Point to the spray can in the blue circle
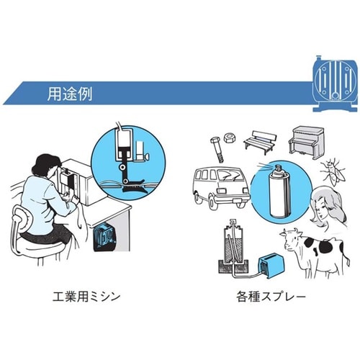[x=276, y=193]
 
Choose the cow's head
[x=292, y=242]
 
